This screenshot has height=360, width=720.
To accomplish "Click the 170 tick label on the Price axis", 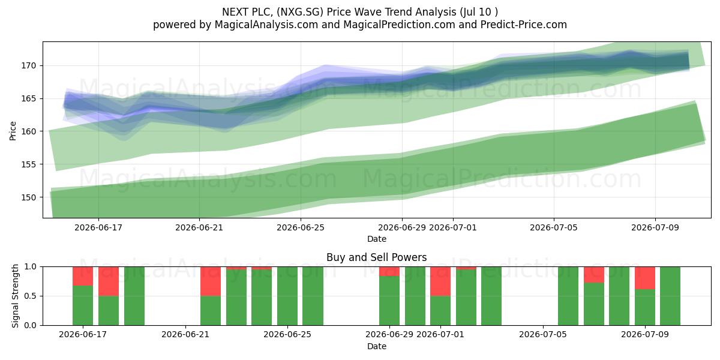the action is click(29, 66).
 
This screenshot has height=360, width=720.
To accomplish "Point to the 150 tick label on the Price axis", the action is click(29, 197).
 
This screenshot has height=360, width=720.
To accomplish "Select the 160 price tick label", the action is click(29, 131).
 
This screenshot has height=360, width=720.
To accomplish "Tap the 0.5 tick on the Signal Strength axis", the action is click(31, 296).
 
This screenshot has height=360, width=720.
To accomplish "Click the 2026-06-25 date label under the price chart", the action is click(301, 227).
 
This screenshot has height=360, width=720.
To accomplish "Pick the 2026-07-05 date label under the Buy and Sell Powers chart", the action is click(543, 334).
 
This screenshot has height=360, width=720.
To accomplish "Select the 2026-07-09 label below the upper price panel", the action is click(655, 227).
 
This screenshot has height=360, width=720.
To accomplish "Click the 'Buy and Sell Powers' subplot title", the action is click(376, 257).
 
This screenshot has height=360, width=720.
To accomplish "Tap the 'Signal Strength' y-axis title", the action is click(15, 296).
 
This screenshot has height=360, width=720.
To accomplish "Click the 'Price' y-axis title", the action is click(13, 131).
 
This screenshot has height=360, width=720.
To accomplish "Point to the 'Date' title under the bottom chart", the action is click(377, 346).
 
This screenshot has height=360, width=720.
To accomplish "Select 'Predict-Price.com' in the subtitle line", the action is click(524, 25).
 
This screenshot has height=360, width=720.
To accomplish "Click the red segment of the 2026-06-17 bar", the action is click(83, 276).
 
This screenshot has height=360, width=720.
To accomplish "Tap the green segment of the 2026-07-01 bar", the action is click(440, 311).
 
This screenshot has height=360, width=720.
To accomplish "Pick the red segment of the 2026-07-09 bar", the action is click(645, 278).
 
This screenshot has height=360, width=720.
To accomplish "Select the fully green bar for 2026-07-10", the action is click(670, 296).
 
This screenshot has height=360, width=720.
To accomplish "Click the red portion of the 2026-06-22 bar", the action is click(211, 281).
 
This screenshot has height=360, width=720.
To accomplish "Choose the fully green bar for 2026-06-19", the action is click(134, 296).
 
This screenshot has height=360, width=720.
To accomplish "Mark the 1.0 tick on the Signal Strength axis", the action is click(31, 267).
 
